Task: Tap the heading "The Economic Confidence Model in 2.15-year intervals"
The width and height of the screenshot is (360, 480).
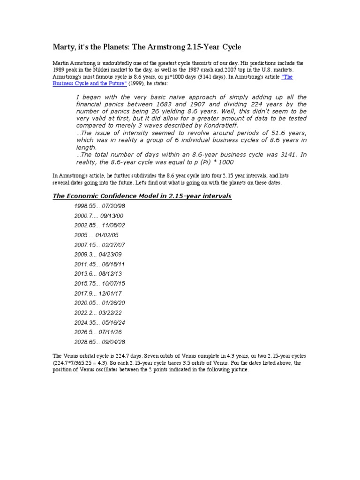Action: pyautogui.click(x=142, y=195)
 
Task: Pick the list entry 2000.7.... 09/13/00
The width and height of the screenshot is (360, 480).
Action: pyautogui.click(x=99, y=216)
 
